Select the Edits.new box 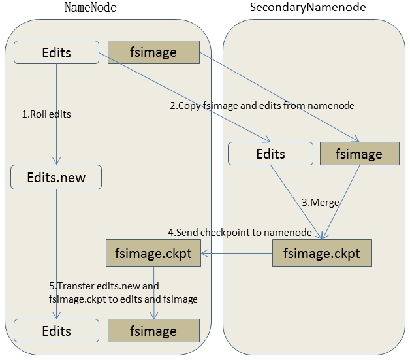click(x=56, y=176)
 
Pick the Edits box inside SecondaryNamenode click(x=270, y=154)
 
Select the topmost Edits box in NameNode click(x=56, y=53)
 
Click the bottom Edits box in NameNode click(x=56, y=331)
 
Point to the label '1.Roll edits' click(x=46, y=114)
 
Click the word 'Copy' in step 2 click(x=190, y=106)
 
